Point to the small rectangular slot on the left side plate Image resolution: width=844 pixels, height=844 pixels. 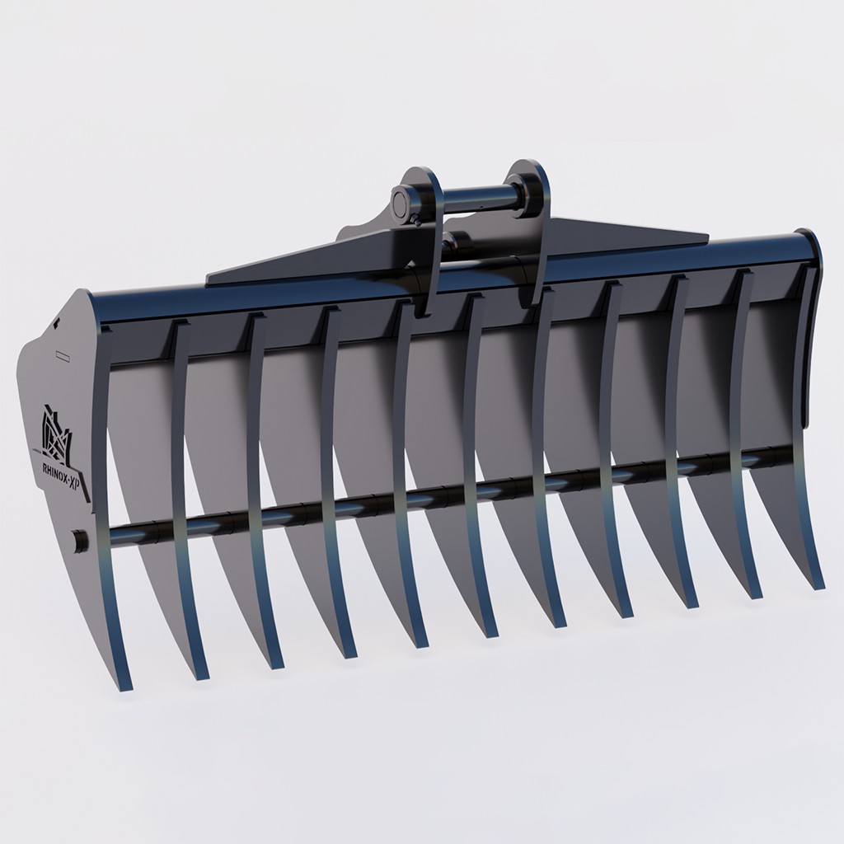[x=63, y=356]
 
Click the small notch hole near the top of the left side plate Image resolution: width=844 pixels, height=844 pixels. [x=54, y=326]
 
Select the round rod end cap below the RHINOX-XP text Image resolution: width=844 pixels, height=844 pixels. [x=79, y=541]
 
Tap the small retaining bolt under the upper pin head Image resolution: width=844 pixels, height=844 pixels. [x=418, y=221]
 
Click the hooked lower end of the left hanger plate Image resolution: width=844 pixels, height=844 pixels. [x=422, y=308]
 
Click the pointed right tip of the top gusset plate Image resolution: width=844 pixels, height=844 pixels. [x=705, y=239]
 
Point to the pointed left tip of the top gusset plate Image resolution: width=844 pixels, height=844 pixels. [x=209, y=280]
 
